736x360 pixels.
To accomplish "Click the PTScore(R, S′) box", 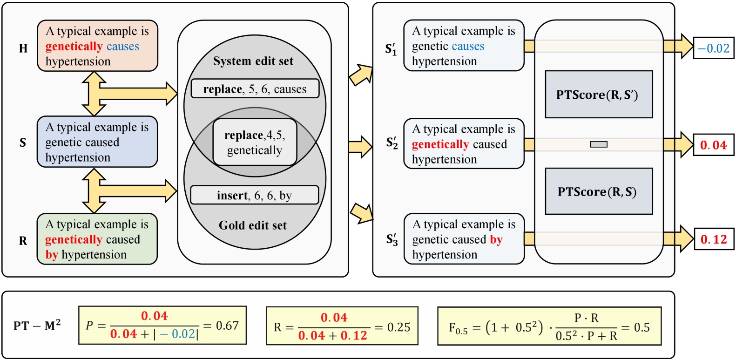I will pyautogui.click(x=599, y=95).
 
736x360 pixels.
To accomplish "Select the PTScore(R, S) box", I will pyautogui.click(x=599, y=191).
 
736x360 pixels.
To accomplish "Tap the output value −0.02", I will pyautogui.click(x=713, y=48).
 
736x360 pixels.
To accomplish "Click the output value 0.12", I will pyautogui.click(x=714, y=239).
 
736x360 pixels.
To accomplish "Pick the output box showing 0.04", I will pyautogui.click(x=713, y=145).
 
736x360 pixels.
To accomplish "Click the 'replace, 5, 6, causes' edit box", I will pyautogui.click(x=255, y=89).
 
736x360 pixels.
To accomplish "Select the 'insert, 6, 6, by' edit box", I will pyautogui.click(x=254, y=195).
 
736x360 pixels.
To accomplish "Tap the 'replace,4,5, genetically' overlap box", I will pyautogui.click(x=255, y=143).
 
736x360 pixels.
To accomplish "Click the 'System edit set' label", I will pyautogui.click(x=253, y=61).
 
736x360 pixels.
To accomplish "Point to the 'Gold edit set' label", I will pyautogui.click(x=253, y=225).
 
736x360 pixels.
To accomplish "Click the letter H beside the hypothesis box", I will pyautogui.click(x=23, y=48).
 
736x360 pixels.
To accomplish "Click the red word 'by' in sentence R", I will pyautogui.click(x=52, y=255).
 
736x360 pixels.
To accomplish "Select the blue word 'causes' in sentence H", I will pyautogui.click(x=123, y=47).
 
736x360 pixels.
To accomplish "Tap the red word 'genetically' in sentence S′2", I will pyautogui.click(x=440, y=144).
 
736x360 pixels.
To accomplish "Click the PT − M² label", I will pyautogui.click(x=37, y=325).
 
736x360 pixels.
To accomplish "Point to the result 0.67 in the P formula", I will pyautogui.click(x=227, y=326).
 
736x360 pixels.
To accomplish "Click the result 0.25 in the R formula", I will pyautogui.click(x=398, y=327).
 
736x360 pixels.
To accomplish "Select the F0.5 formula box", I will pyautogui.click(x=549, y=326).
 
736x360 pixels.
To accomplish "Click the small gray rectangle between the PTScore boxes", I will pyautogui.click(x=599, y=144).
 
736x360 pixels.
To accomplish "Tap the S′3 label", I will pyautogui.click(x=392, y=240).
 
